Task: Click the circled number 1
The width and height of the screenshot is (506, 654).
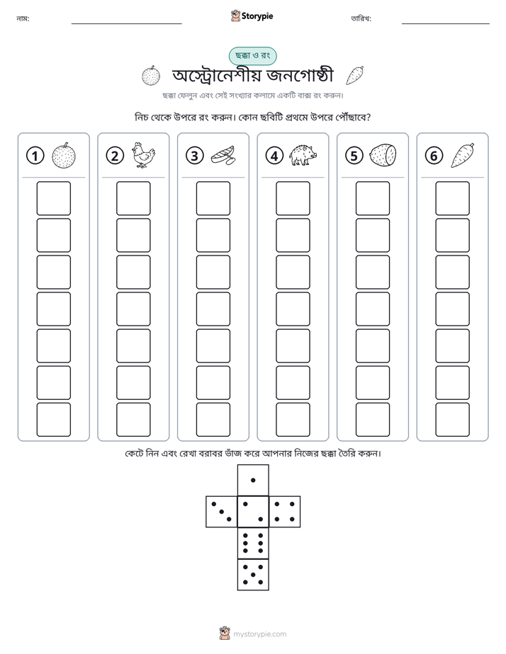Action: coord(35,156)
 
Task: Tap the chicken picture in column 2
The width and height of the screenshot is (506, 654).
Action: coord(143,155)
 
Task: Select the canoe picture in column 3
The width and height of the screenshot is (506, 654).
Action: coord(223,156)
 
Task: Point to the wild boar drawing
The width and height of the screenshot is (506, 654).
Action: coord(303,155)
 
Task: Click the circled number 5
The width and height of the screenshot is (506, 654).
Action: coord(354,156)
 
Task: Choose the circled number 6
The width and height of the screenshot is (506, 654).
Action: coord(434,156)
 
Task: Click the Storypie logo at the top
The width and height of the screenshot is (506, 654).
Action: coord(252,16)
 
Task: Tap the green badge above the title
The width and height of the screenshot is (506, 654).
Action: coord(252,56)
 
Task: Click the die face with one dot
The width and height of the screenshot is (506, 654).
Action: coord(253,481)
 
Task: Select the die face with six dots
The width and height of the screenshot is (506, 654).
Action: coord(253,543)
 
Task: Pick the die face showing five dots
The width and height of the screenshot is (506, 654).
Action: coord(253,575)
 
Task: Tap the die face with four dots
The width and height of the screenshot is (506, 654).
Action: coord(285,512)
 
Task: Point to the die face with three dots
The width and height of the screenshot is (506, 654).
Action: coord(222,512)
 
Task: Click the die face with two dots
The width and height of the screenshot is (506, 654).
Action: coord(253,512)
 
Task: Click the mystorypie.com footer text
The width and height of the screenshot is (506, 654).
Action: coord(259,634)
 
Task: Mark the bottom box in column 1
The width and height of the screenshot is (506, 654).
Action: coord(54,420)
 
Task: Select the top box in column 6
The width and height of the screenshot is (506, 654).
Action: coord(453,198)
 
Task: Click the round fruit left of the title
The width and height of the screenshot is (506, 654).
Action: coord(151,76)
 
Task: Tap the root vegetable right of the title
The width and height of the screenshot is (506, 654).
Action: coord(355,76)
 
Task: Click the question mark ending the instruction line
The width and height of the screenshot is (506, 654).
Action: coord(368,117)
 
